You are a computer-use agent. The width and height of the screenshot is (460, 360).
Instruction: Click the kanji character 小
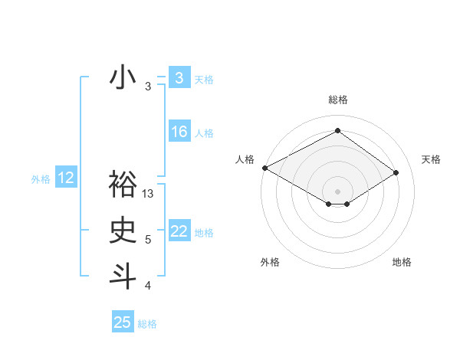123,78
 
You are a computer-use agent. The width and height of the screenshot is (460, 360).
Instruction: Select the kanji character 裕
123,184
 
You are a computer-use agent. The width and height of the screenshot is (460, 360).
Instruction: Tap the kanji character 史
123,231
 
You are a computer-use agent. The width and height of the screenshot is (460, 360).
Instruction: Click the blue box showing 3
179,78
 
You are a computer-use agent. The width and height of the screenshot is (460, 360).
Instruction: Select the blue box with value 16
179,132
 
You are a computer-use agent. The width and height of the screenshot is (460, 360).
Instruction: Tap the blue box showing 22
179,231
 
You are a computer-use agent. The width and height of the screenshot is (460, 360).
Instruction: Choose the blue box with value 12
65,178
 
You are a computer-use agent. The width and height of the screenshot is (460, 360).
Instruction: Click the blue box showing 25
123,322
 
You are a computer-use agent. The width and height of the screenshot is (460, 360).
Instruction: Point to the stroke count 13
148,194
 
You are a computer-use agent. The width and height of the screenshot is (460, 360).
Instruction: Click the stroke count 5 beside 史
148,240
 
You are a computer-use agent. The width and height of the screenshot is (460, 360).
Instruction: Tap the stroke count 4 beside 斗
148,286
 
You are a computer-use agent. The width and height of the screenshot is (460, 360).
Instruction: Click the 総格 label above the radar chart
337,100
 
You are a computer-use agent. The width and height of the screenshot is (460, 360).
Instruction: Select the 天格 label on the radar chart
431,159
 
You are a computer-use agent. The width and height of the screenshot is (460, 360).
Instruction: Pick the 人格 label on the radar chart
244,159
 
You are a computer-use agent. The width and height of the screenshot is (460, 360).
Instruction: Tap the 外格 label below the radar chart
270,262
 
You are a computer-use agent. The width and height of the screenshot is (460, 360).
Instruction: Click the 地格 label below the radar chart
402,262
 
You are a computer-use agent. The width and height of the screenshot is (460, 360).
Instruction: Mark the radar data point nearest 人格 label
264,168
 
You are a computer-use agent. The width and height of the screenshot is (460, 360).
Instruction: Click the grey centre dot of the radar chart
337,190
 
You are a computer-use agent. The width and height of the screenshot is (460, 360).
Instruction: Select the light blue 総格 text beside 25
147,324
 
